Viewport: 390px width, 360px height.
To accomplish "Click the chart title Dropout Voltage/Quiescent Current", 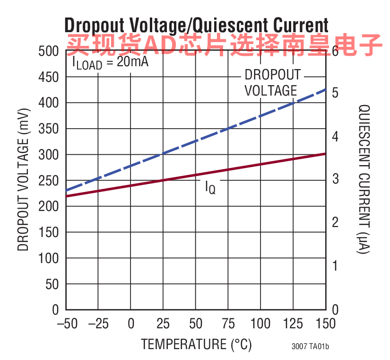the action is (196, 26).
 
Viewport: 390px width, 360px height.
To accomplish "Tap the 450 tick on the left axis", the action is (49, 77).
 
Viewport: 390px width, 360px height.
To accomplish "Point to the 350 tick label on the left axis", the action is (49, 129).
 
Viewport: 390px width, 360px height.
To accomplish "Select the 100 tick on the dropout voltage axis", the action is (49, 258).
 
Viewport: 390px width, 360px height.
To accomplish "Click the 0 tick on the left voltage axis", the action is (55, 310).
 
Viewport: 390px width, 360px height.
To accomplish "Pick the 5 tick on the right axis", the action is (335, 93).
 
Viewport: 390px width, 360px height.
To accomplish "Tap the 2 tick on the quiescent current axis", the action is (335, 222).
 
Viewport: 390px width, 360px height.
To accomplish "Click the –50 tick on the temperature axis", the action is (67, 324).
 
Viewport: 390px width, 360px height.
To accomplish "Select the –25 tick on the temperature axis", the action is (98, 324).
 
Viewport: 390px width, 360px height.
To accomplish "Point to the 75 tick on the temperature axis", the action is (228, 324).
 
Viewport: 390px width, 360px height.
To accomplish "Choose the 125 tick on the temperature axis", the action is (293, 324).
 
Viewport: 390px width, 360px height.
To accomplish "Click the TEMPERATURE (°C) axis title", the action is (196, 345).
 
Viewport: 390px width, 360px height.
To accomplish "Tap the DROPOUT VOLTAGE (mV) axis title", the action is (23, 180).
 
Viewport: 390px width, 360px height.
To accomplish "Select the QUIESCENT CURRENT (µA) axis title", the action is (364, 179).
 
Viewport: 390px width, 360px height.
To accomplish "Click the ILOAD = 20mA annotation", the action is (110, 62).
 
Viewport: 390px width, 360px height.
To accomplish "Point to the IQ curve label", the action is (210, 187).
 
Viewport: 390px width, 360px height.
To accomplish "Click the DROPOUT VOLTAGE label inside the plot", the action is (273, 83).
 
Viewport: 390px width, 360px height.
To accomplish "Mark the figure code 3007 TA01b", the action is (310, 346).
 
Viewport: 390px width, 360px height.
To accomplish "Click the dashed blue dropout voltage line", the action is (196, 140).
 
